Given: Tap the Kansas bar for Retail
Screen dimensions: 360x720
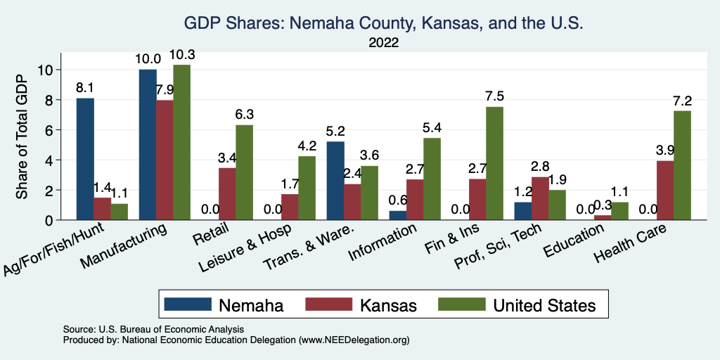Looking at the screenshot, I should click(226, 194).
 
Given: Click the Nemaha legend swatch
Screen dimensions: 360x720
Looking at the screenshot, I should click(188, 304).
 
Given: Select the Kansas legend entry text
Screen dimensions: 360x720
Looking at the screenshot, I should click(388, 305).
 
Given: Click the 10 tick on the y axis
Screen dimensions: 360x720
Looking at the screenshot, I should click(46, 70).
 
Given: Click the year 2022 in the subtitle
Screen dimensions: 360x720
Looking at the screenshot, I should click(383, 43).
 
